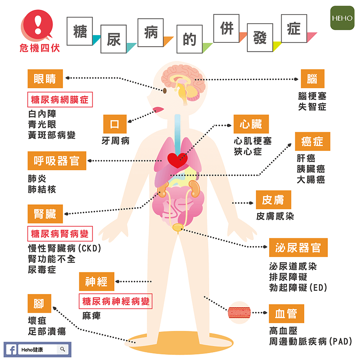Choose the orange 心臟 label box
pyautogui.click(x=251, y=125)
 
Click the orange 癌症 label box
pyautogui.click(x=312, y=141)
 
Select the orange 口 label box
pyautogui.click(x=115, y=125)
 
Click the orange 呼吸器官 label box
pyautogui.click(x=57, y=161)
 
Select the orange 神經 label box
pyautogui.click(x=96, y=282)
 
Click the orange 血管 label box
pyautogui.click(x=286, y=314)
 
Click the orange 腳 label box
pyautogui.click(x=39, y=303)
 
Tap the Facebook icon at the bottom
pyautogui.click(x=11, y=350)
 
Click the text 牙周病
pyautogui.click(x=115, y=141)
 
